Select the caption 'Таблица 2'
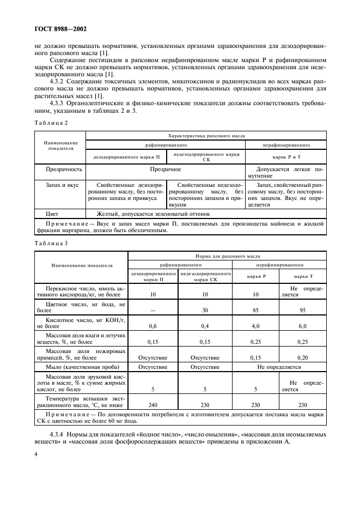pyautogui.click(x=50, y=123)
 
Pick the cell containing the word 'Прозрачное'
pyautogui.click(x=166, y=169)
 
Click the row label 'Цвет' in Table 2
pyautogui.click(x=52, y=214)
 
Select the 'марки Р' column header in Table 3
pyautogui.click(x=256, y=276)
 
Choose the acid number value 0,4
pyautogui.click(x=205, y=326)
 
